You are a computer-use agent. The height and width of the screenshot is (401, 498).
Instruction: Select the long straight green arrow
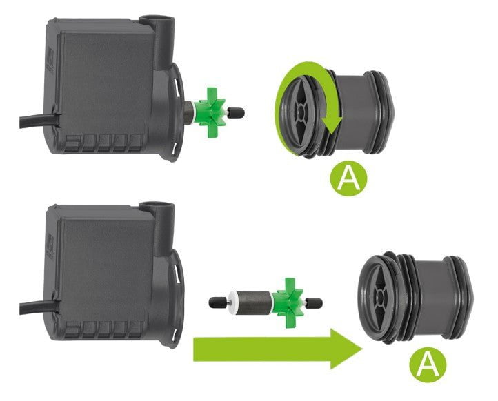click(278, 349)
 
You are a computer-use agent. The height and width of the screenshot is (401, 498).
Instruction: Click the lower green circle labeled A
click(428, 364)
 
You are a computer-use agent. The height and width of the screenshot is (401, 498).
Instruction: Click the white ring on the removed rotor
click(233, 302)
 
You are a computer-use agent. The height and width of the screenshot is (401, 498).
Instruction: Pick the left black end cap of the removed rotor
click(217, 302)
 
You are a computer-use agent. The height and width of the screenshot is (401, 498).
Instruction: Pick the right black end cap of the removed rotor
click(315, 302)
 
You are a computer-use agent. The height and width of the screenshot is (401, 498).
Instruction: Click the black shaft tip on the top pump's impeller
click(237, 112)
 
